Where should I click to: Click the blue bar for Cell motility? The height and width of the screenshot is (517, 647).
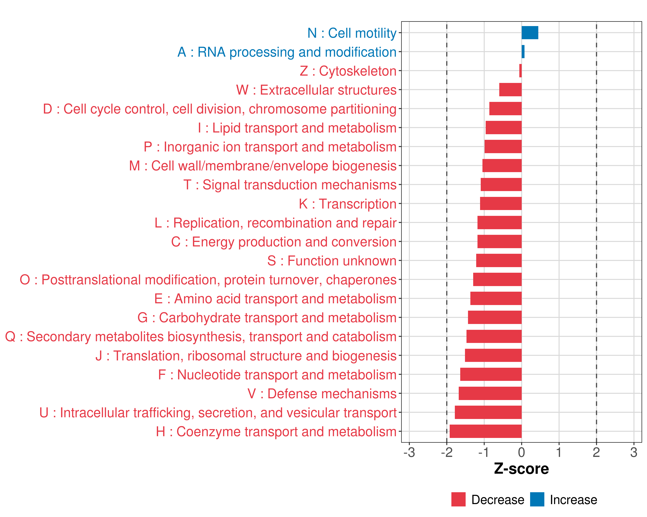pos(530,33)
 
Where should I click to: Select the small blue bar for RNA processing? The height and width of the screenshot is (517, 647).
pos(523,51)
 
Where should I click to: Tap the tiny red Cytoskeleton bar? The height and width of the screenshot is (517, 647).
pos(520,71)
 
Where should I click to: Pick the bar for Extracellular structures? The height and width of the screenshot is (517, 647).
pos(510,90)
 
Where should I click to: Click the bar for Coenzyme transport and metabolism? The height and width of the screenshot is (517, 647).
pos(485,431)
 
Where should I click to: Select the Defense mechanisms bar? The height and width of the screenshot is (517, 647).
pos(490,393)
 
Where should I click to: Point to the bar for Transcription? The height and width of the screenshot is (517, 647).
pos(501,204)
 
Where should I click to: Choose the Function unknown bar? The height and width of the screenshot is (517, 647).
pos(499,260)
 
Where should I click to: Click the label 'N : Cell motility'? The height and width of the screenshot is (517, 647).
pos(352,33)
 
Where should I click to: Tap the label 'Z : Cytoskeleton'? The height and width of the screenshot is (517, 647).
pos(348,71)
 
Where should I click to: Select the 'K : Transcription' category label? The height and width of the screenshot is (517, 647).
pos(347,204)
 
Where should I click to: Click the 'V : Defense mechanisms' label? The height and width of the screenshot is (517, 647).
pos(322,394)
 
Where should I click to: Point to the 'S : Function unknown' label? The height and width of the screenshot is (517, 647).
pos(332,261)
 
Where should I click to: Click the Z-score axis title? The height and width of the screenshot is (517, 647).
pos(521,469)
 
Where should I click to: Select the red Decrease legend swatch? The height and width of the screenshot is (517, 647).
pos(458,499)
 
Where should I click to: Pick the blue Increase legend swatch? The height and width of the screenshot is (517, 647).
pos(537,499)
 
